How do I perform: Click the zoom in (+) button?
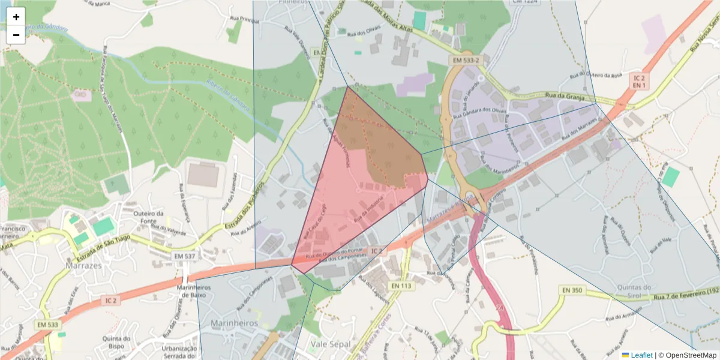[x=16, y=17]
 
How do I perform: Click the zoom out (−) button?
[x=16, y=35]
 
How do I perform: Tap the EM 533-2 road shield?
[x=466, y=61]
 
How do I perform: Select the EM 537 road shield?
[x=185, y=256]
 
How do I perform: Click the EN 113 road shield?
[x=401, y=286]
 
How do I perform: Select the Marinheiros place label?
[x=234, y=323]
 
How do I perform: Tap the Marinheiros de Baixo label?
[x=192, y=291]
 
